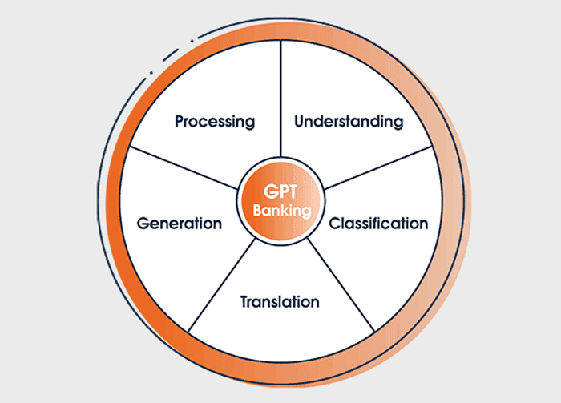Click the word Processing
pos(215,122)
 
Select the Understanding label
pos(348,122)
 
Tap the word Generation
pos(180,223)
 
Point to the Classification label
pos(378,223)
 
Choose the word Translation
pos(280,302)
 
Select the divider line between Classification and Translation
pos(340,284)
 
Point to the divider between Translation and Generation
pos(221,284)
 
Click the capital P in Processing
pos(180,122)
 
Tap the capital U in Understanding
pos(299,122)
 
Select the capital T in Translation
pos(244,302)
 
